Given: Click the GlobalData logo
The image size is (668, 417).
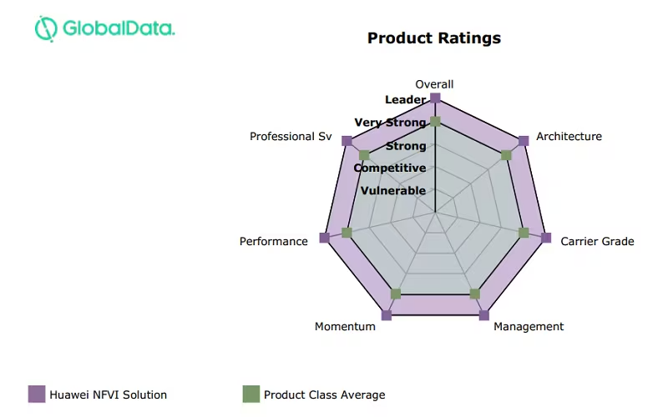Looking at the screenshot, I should pyautogui.click(x=104, y=28).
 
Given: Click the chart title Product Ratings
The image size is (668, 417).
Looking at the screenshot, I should pyautogui.click(x=434, y=38).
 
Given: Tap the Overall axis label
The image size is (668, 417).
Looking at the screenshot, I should pyautogui.click(x=434, y=84).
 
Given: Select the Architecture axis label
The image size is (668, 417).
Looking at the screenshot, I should pyautogui.click(x=569, y=137).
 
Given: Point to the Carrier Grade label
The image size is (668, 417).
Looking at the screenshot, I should pyautogui.click(x=597, y=242).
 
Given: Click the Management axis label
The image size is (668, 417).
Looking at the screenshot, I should pyautogui.click(x=529, y=327).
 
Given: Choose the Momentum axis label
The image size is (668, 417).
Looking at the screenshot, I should pyautogui.click(x=345, y=327).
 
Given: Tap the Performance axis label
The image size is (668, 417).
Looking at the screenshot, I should pyautogui.click(x=274, y=242).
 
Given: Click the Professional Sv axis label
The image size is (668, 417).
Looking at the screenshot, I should pyautogui.click(x=291, y=137).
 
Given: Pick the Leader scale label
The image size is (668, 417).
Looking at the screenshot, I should pyautogui.click(x=405, y=100).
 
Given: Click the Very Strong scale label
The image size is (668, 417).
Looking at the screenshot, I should pyautogui.click(x=390, y=123).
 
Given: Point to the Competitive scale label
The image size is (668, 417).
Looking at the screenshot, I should pyautogui.click(x=390, y=168).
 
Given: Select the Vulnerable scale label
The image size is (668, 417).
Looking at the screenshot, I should pyautogui.click(x=392, y=191).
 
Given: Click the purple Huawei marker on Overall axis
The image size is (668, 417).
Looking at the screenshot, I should pyautogui.click(x=435, y=98).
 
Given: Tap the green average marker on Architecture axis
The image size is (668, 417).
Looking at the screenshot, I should pyautogui.click(x=505, y=155).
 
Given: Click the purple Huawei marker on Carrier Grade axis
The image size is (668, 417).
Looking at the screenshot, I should pyautogui.click(x=546, y=238).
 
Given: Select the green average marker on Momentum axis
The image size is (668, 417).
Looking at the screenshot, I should pyautogui.click(x=396, y=294).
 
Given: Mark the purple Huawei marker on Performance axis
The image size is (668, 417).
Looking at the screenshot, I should pyautogui.click(x=324, y=238).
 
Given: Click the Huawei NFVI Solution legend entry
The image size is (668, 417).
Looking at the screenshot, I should pyautogui.click(x=98, y=394).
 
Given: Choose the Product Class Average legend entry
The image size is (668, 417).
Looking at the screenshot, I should pyautogui.click(x=313, y=394).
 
